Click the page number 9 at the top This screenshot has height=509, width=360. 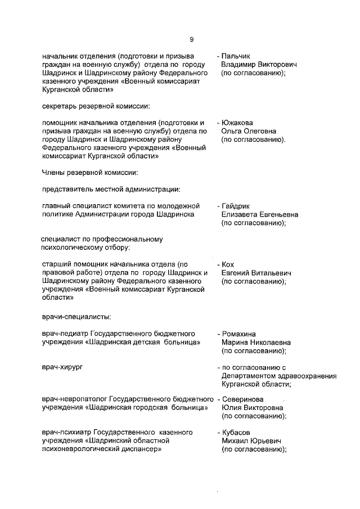click(x=191, y=39)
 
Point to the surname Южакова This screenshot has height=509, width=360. click(x=237, y=123)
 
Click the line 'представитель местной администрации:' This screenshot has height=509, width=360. click(x=111, y=190)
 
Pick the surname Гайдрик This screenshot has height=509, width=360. click(x=237, y=206)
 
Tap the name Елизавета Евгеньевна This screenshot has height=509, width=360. click(x=259, y=214)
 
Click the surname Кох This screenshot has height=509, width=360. click(x=228, y=264)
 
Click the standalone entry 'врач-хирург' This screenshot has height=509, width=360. click(x=62, y=367)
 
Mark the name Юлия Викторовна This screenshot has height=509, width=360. click(x=252, y=408)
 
